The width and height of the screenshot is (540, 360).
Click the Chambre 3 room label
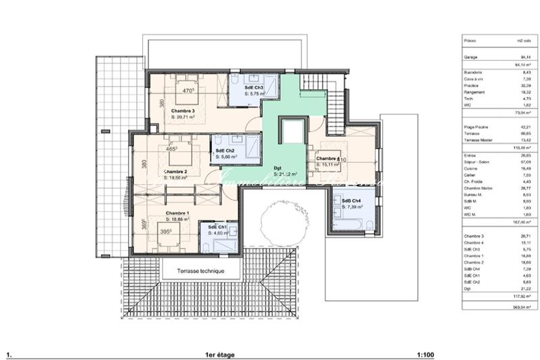tap(182, 110)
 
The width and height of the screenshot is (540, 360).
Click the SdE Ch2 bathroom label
tap(225, 150)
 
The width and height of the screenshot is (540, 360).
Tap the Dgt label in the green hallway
tap(277, 168)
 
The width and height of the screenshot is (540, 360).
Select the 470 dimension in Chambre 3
tap(189, 90)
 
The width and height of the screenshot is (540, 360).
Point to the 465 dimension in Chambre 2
tap(171, 149)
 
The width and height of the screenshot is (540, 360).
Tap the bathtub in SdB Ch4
tap(350, 223)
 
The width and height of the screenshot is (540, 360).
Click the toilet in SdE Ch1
tap(232, 230)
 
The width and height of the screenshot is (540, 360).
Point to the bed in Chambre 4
tap(331, 159)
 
